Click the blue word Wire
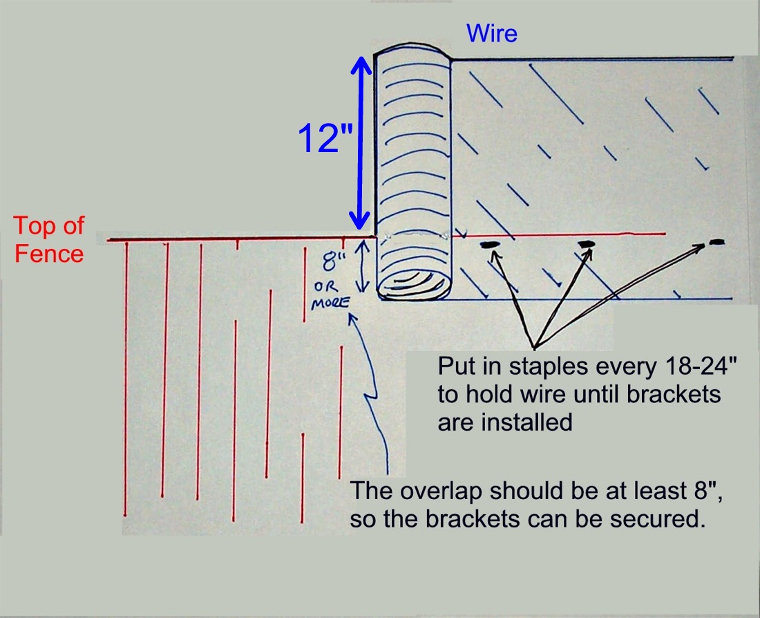coord(492,33)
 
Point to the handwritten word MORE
coord(329,302)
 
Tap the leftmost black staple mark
coord(489,245)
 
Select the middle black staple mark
coord(586,244)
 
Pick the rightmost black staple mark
coord(716,242)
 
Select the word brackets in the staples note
coord(676,395)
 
